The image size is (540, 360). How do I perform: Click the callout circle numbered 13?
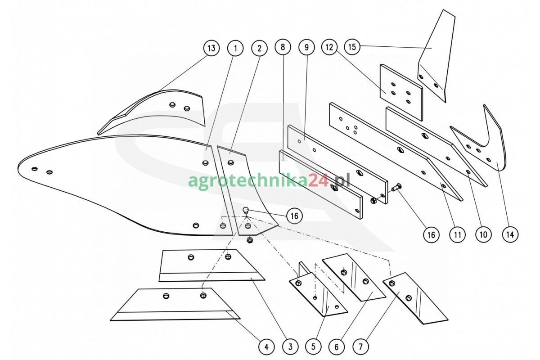click(x=211, y=48)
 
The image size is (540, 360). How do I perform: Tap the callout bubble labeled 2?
click(x=259, y=48)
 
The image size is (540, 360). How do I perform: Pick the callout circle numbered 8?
click(x=283, y=47)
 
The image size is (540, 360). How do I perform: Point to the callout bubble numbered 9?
click(x=306, y=47)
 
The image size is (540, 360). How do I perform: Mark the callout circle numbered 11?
click(x=457, y=234)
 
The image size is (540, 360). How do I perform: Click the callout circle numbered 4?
click(x=266, y=347)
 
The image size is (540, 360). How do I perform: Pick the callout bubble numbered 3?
click(x=290, y=347)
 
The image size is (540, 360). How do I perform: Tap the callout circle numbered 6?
click(x=337, y=347)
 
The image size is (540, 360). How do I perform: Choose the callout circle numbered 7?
click(x=360, y=347)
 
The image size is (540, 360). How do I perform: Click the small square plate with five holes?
click(x=401, y=92)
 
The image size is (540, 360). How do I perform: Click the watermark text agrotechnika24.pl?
click(x=269, y=180)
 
